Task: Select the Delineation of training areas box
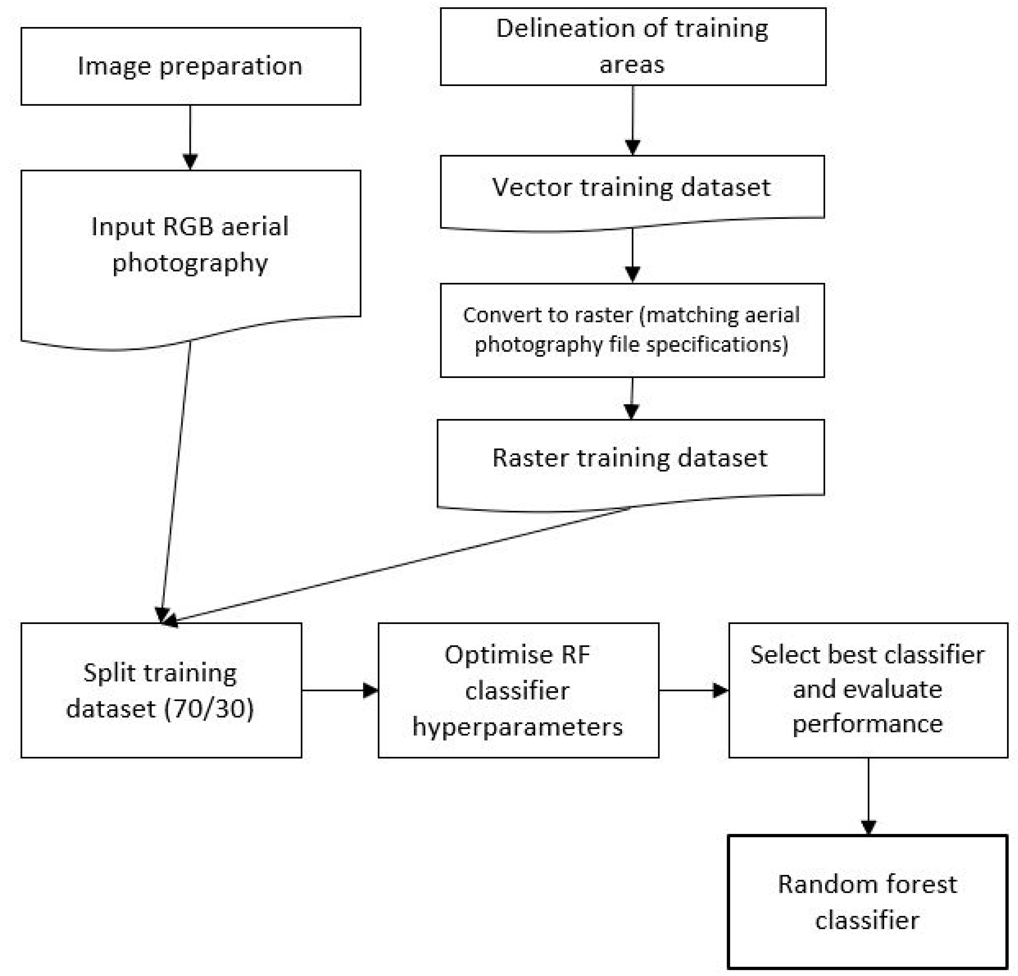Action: [x=633, y=46]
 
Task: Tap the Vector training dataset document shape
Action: [x=632, y=188]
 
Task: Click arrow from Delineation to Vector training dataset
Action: [x=633, y=120]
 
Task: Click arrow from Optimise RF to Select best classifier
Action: [x=693, y=690]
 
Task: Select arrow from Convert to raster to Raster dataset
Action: [x=632, y=399]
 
